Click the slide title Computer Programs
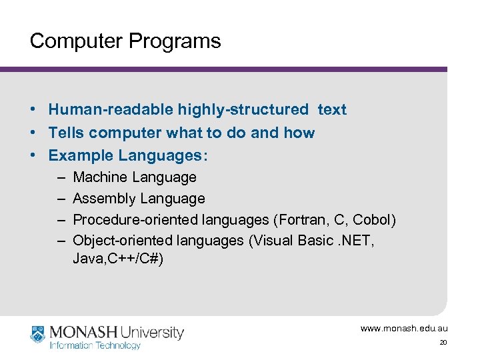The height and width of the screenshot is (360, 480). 125,41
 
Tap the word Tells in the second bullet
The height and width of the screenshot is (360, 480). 67,133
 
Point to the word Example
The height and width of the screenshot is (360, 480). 81,156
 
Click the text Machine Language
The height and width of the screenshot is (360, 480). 135,177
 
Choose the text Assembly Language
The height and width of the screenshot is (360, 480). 139,199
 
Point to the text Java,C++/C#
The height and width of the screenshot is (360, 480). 118,259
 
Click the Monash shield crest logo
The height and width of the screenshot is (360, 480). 37,334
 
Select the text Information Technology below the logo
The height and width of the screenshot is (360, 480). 95,345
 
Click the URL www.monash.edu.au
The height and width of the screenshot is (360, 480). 404,329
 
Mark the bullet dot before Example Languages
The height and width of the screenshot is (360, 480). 33,156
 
